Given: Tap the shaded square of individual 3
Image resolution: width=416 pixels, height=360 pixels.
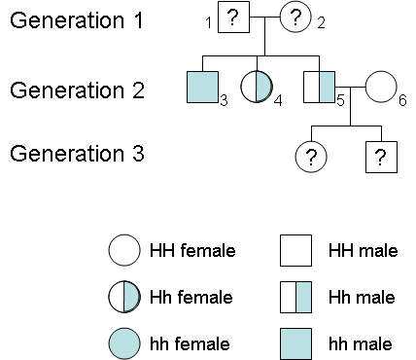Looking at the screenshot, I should click(202, 88).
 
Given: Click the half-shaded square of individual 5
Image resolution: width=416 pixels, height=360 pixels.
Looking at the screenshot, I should click(319, 88).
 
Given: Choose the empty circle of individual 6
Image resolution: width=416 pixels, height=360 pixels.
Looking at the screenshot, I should click(380, 88).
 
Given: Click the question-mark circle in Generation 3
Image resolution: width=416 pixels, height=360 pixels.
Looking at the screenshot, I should click(310, 156).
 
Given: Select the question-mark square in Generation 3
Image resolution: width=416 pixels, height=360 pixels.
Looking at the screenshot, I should click(381, 156).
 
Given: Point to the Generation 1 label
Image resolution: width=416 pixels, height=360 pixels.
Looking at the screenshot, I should click(77, 19).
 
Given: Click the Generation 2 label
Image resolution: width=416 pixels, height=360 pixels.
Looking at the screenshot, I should click(77, 90).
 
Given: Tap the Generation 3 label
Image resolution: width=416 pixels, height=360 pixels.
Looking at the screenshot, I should click(77, 154).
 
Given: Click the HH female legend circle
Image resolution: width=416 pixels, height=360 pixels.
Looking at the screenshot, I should click(123, 251).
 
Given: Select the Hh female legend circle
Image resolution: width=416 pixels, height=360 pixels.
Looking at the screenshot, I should click(123, 297).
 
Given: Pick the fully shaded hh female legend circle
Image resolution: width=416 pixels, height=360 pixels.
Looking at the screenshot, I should click(123, 342).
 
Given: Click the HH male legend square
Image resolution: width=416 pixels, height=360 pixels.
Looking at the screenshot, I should click(295, 251).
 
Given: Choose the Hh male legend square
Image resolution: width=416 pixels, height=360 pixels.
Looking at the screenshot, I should click(295, 297).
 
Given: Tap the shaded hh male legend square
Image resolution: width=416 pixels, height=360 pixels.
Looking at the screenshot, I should click(295, 342).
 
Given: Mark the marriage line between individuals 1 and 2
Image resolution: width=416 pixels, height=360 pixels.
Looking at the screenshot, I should click(263, 18).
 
